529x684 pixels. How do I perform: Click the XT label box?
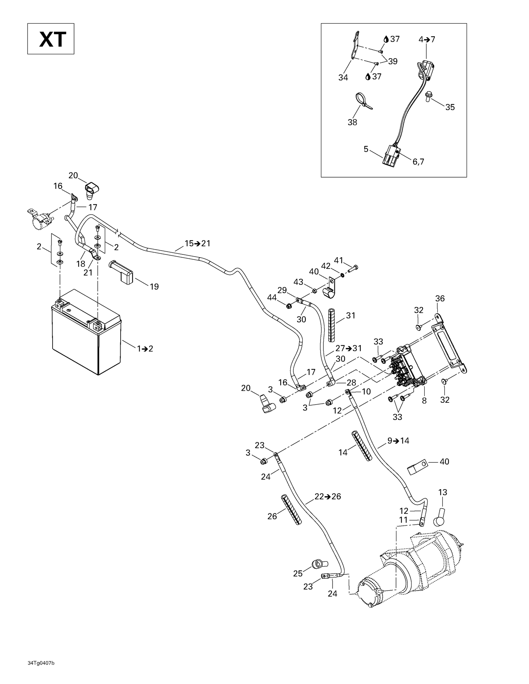pyautogui.click(x=51, y=39)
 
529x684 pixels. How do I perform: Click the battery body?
pyautogui.click(x=81, y=338)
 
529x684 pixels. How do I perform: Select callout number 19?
pyautogui.click(x=154, y=286)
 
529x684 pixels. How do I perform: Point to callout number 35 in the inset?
pyautogui.click(x=450, y=107)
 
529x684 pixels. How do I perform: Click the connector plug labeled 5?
pyautogui.click(x=390, y=156)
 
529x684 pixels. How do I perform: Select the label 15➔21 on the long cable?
pyautogui.click(x=197, y=244)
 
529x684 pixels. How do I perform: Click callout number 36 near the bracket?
pyautogui.click(x=440, y=298)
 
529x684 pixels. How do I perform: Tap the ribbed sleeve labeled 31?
pyautogui.click(x=332, y=325)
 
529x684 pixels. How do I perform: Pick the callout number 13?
pyautogui.click(x=442, y=492)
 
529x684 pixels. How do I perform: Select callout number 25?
pyautogui.click(x=298, y=573)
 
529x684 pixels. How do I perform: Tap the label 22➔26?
pyautogui.click(x=328, y=497)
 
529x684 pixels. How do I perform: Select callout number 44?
pyautogui.click(x=272, y=297)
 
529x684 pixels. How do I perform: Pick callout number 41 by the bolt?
pyautogui.click(x=339, y=260)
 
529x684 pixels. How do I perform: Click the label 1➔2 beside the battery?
pyautogui.click(x=145, y=349)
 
